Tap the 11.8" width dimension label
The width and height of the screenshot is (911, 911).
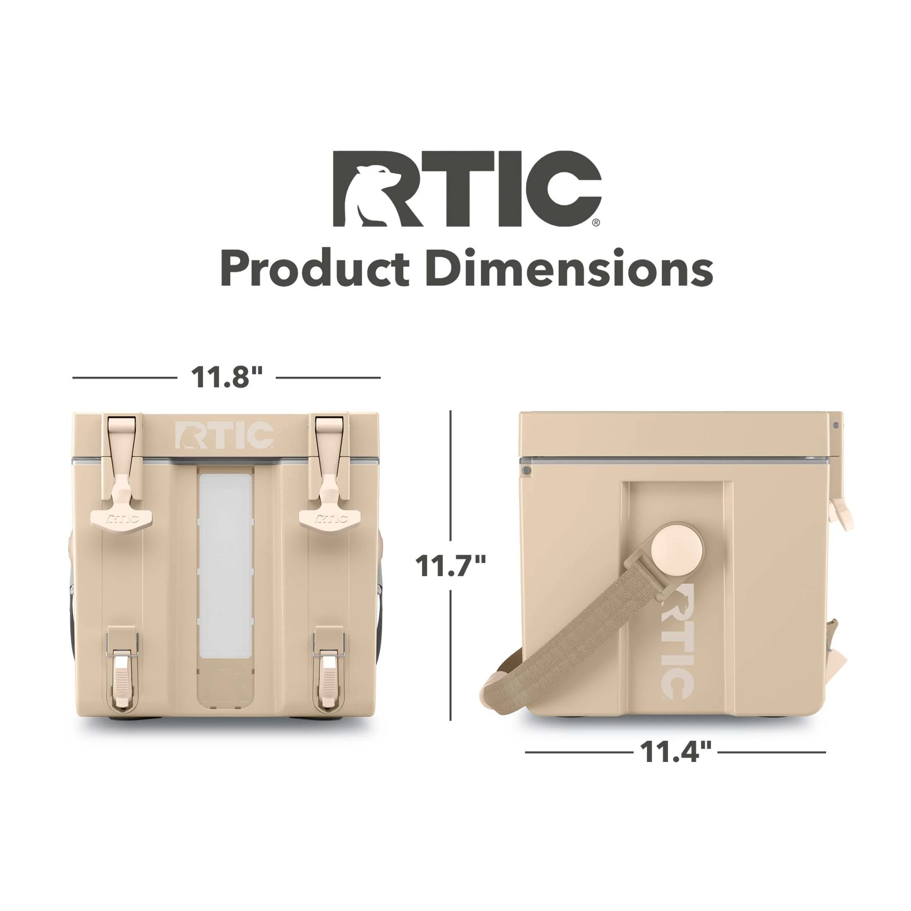[227, 377]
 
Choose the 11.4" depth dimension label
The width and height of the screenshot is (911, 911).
[675, 765]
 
